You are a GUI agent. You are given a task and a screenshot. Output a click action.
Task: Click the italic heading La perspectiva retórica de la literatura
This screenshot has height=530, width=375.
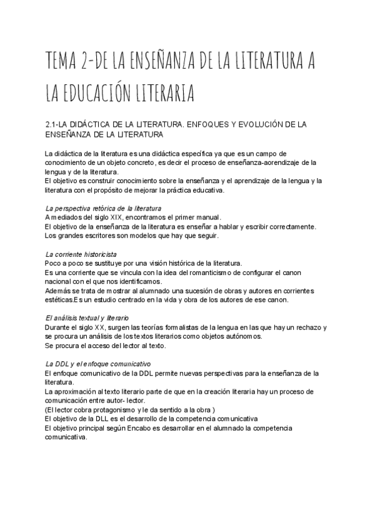(x=104, y=207)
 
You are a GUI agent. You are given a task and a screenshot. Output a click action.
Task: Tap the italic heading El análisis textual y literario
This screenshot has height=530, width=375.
(x=87, y=318)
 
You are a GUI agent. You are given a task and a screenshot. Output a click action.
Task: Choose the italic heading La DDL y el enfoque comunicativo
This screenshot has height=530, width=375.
(x=97, y=364)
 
